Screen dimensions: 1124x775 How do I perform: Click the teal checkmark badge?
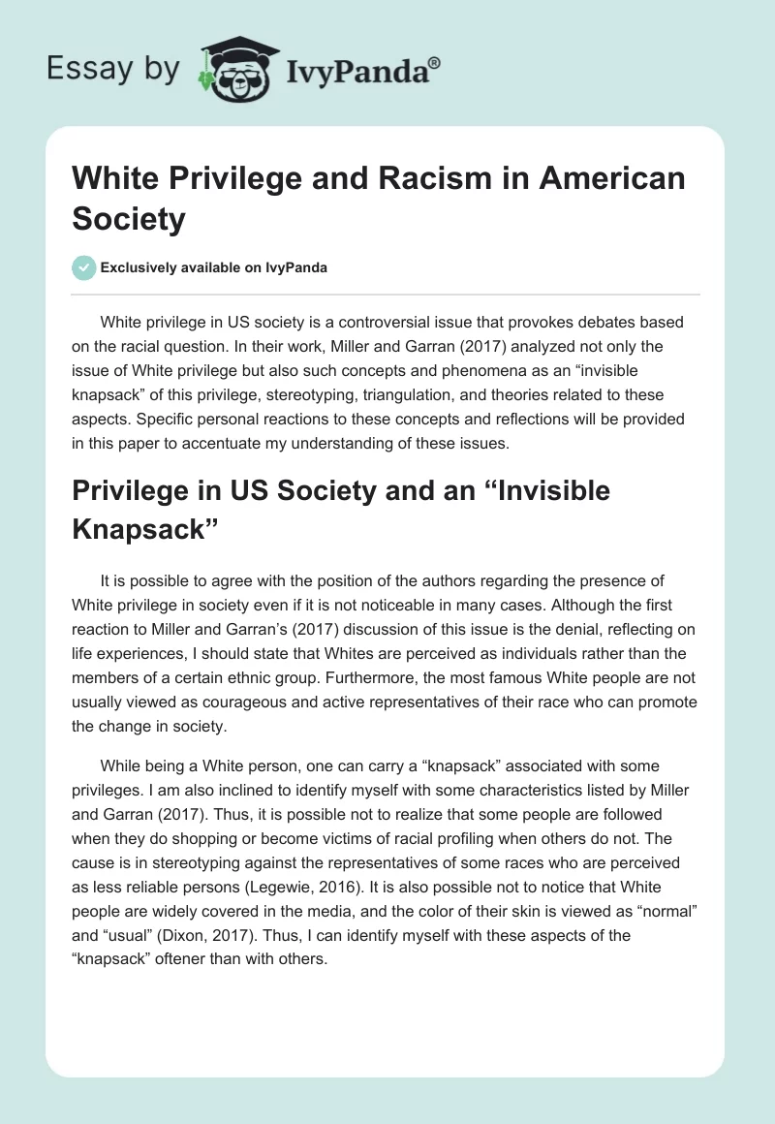(85, 267)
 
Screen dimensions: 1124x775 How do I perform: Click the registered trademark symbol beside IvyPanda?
(435, 61)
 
